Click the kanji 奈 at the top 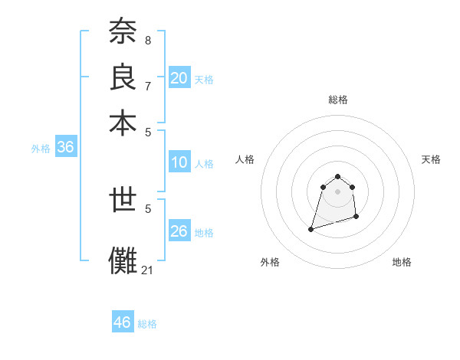coord(123,33)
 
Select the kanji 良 coord(123,77)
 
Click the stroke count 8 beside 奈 coord(147,40)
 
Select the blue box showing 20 coord(179,77)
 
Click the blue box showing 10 coord(179,162)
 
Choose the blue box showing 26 coord(179,231)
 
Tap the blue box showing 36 coord(65,148)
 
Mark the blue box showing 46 coord(123,322)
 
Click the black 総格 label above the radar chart coord(337,100)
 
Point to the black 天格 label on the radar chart coord(431,159)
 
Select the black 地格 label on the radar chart coord(402,262)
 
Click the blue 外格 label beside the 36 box coord(41,149)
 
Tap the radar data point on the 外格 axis coord(311,228)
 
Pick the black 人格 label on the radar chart coord(245,159)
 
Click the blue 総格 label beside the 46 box coord(147,324)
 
